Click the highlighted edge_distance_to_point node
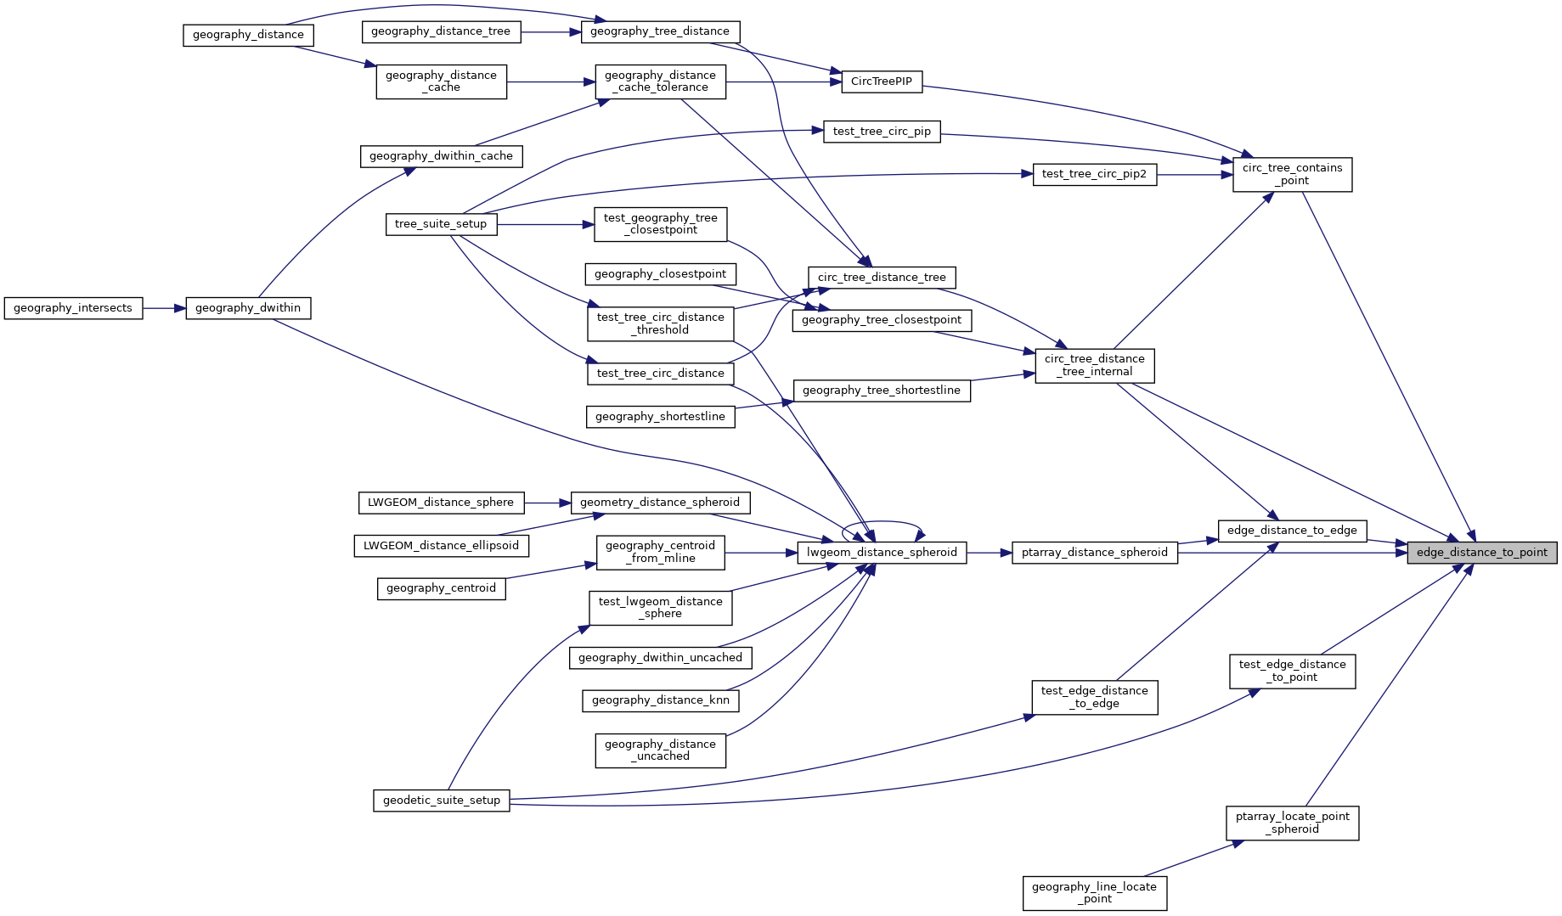coord(1481,553)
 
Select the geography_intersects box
coord(73,308)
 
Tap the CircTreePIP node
coord(881,81)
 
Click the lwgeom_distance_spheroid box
coord(882,553)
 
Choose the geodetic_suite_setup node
coord(441,801)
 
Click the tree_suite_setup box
coord(441,224)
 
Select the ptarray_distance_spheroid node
coord(1094,553)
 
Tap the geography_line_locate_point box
coord(1094,893)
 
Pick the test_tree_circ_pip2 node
coord(1094,174)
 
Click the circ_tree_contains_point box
coord(1292,175)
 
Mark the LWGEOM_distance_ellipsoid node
coord(441,546)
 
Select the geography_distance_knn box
coord(660,700)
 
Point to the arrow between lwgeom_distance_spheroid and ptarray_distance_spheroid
coord(989,553)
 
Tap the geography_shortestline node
coord(660,417)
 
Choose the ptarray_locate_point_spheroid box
coord(1292,823)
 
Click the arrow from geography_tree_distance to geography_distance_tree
coord(550,31)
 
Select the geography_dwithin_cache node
coord(441,156)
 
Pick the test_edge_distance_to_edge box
coord(1094,698)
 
